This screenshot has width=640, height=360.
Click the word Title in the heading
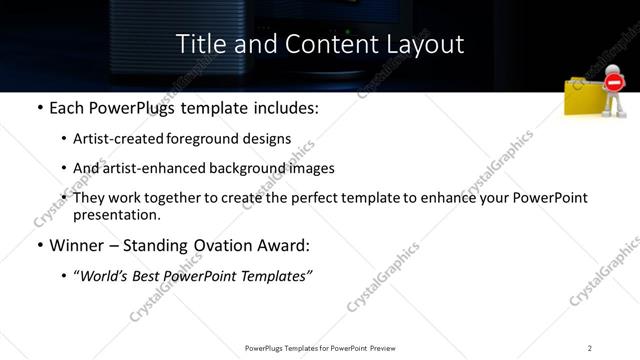[198, 44]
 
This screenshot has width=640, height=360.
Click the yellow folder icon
[584, 99]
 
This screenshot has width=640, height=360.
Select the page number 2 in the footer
[590, 347]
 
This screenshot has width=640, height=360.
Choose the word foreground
[216, 139]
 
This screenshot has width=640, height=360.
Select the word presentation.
[117, 214]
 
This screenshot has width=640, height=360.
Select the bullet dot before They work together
[65, 198]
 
